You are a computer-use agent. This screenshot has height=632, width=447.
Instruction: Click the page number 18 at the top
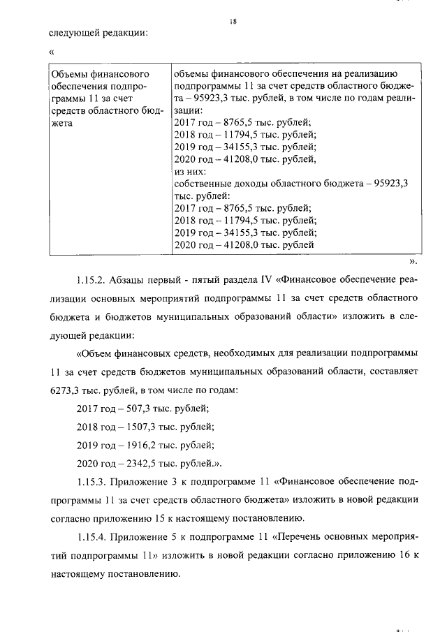pyautogui.click(x=234, y=22)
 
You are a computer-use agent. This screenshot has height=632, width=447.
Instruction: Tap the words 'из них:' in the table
pyautogui.click(x=188, y=171)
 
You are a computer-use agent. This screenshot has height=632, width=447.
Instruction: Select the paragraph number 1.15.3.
pyautogui.click(x=91, y=481)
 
